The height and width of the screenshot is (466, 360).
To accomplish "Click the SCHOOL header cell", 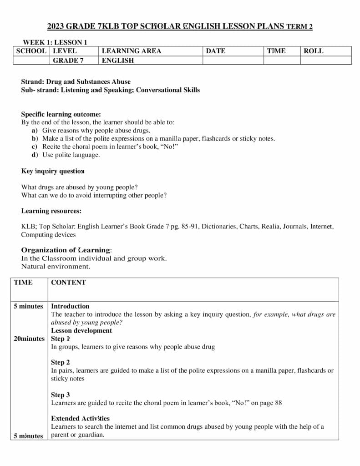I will coord(31,51).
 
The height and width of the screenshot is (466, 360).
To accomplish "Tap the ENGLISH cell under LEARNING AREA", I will coord(118,60).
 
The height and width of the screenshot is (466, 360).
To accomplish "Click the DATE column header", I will coord(215,51).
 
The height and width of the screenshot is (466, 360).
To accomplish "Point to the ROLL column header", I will coord(313,51).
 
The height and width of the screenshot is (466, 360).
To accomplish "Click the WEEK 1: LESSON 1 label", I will coord(55,42).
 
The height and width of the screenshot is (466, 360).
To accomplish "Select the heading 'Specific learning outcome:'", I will coord(61,114).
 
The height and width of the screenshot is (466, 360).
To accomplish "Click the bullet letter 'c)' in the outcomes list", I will coord(35,147).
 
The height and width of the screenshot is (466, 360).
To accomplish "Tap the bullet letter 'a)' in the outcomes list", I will coord(35,130).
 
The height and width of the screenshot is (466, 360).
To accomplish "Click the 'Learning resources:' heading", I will coord(51,211).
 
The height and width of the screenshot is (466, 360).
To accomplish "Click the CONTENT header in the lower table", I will coord(68,282).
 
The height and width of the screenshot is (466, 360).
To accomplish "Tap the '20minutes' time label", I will coord(30,339).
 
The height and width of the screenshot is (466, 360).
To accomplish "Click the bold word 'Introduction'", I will coord(70,306).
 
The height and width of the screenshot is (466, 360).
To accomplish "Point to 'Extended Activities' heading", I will coord(80,418).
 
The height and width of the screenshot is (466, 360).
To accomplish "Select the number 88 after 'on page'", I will coord(278,403).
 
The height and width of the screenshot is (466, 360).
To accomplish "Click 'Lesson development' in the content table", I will coord(81,330).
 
